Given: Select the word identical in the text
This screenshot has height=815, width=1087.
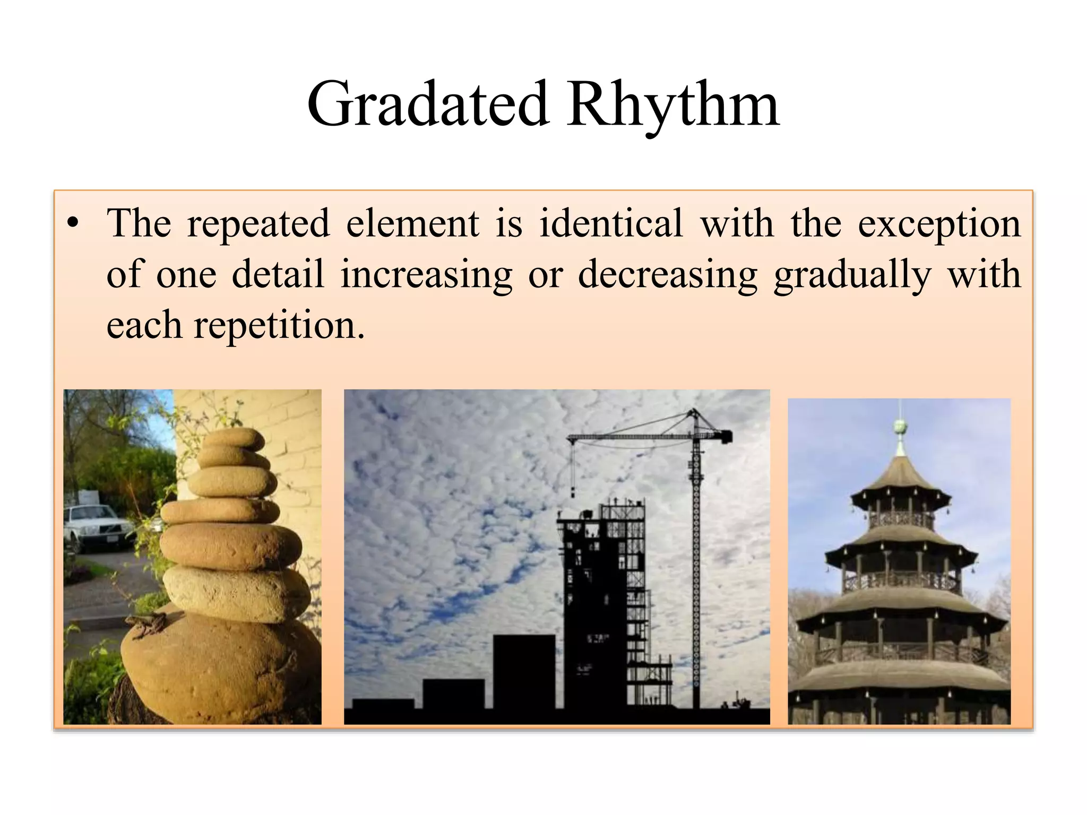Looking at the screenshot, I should pyautogui.click(x=611, y=223).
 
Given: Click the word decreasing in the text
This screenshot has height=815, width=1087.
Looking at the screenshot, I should pyautogui.click(x=667, y=275).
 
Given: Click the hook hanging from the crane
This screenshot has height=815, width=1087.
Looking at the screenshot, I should pyautogui.click(x=573, y=491).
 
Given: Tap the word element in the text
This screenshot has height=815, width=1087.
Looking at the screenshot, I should pyautogui.click(x=412, y=223).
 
